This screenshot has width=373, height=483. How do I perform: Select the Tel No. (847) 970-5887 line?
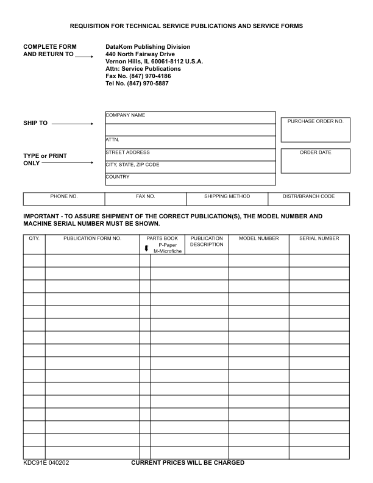click(137, 84)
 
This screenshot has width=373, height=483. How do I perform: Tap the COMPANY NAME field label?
click(125, 115)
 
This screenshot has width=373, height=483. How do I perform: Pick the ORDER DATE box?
click(315, 160)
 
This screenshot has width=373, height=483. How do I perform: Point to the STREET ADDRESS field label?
click(127, 152)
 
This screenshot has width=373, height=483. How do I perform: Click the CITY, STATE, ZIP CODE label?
click(132, 165)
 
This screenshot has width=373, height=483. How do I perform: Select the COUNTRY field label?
click(118, 177)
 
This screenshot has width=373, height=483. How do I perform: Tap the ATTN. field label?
click(112, 140)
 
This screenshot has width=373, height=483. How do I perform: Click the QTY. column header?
click(34, 238)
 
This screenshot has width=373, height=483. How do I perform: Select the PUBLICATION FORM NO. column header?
click(92, 238)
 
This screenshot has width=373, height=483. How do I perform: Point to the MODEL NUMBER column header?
click(258, 238)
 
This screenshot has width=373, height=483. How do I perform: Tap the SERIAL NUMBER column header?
click(319, 238)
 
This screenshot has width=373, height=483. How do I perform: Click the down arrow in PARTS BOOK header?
click(146, 248)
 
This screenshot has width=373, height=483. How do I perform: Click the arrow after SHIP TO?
click(73, 123)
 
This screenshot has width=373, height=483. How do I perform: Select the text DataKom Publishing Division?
click(148, 47)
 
